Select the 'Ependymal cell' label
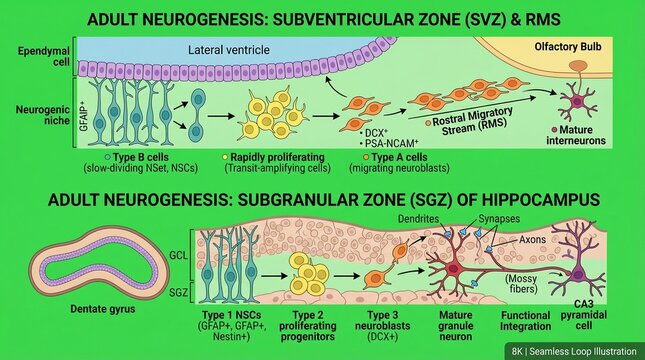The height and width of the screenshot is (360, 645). [x=34, y=56]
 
